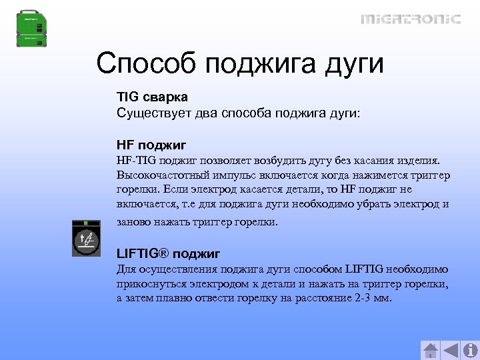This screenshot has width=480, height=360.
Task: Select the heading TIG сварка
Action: tap(152, 98)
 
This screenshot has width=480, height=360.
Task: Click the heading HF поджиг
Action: tap(151, 145)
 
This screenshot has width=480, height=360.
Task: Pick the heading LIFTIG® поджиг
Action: tap(168, 254)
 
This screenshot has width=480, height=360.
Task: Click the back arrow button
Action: tap(451, 350)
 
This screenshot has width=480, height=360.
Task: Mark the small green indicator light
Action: tap(86, 223)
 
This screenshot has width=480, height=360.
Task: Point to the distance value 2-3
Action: tap(361, 298)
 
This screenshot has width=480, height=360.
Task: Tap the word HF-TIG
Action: tap(136, 161)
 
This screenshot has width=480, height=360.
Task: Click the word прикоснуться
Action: tap(154, 284)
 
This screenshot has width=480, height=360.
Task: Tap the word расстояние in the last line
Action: tap(313, 298)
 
